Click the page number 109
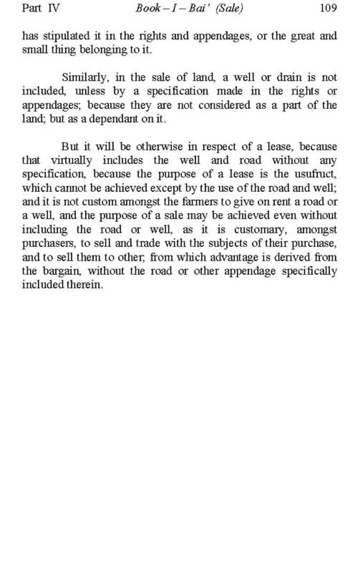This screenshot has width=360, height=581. click(328, 8)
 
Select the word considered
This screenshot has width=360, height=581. click(224, 105)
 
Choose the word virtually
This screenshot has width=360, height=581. click(71, 160)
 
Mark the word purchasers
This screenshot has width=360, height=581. click(49, 244)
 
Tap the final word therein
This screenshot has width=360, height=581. click(85, 285)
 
